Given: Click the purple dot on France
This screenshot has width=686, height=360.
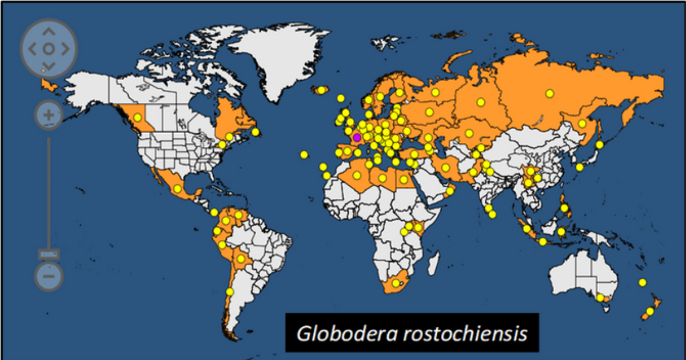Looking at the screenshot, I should (357, 137).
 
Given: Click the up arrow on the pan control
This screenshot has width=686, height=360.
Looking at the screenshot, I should (49, 32).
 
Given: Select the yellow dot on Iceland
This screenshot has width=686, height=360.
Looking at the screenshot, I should (321, 90).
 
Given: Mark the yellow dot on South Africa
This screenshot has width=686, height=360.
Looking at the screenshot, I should (394, 283).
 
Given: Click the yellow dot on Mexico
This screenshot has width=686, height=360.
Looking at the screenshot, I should (178, 189).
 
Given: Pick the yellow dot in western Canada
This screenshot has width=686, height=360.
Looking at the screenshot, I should (137, 117).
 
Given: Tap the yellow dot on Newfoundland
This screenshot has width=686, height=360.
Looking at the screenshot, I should (256, 132).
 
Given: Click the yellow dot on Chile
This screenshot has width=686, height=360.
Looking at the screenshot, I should (230, 291).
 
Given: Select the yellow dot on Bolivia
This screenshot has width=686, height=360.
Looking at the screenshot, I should (241, 259).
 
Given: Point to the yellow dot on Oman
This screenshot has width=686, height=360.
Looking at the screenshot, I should (450, 191).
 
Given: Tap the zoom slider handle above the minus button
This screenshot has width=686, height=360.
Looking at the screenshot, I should (49, 254).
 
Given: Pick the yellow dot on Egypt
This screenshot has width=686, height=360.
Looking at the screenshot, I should (403, 179).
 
